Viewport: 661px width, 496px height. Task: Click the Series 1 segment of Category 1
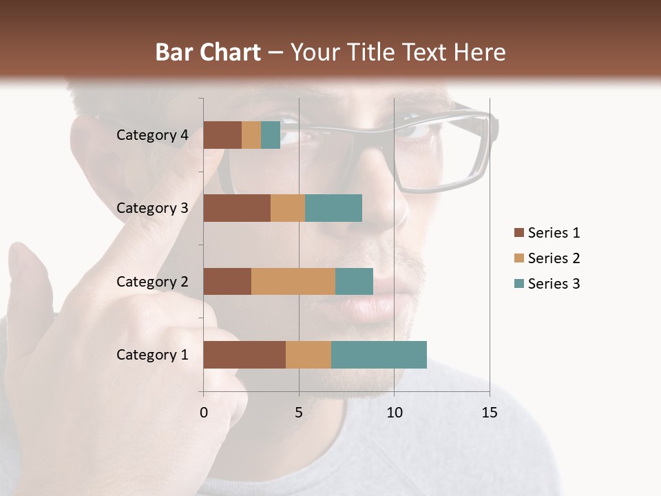(244, 355)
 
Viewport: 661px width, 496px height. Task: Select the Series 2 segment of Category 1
(308, 355)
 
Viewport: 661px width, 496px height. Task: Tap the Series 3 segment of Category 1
(379, 355)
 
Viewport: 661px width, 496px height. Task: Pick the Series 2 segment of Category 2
(293, 281)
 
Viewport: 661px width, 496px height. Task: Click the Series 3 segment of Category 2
(354, 281)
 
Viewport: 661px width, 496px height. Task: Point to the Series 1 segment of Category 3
(237, 208)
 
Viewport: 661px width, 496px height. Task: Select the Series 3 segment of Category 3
(333, 208)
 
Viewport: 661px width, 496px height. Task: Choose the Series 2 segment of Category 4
(251, 135)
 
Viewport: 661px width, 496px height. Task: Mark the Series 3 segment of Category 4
(271, 135)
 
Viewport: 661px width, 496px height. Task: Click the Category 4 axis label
(152, 135)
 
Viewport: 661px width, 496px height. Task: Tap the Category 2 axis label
(152, 281)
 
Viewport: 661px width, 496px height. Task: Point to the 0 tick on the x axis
(204, 413)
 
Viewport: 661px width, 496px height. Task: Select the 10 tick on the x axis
(394, 413)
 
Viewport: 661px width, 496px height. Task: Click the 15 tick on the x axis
(489, 413)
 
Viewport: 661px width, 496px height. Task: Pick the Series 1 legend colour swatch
(518, 233)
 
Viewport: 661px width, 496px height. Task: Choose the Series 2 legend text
(554, 258)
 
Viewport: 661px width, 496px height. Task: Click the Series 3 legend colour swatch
(518, 284)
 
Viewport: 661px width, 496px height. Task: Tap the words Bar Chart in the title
(208, 52)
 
